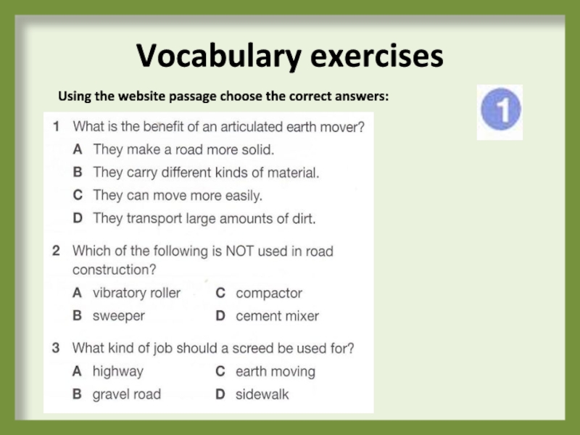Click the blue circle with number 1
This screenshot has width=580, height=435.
click(500, 112)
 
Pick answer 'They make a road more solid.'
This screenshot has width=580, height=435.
click(183, 150)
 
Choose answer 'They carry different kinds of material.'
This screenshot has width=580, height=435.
click(206, 173)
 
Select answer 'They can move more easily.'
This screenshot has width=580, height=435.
click(178, 196)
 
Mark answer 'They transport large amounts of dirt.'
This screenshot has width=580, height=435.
click(204, 218)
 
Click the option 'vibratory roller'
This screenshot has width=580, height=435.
click(136, 293)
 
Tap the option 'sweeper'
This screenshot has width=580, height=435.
click(118, 316)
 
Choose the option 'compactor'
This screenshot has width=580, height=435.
click(268, 293)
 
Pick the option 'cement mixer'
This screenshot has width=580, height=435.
click(277, 316)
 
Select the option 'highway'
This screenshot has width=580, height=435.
click(117, 371)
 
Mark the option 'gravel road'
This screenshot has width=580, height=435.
click(126, 394)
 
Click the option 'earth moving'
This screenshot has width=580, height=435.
click(275, 371)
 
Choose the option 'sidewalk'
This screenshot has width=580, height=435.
click(262, 394)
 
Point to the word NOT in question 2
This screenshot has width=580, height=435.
click(227, 252)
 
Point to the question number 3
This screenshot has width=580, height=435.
click(56, 348)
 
